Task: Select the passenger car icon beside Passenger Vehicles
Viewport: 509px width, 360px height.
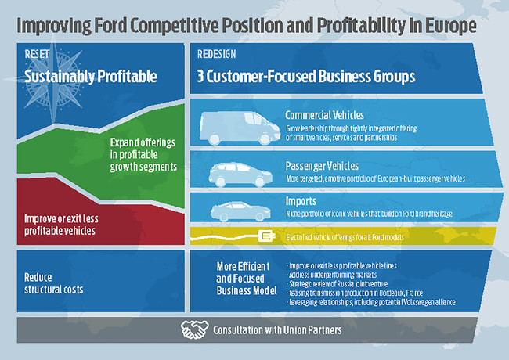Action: [x=239, y=173]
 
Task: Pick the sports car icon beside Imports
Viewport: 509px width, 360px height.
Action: [x=238, y=209]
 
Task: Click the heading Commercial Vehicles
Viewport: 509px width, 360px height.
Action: [x=324, y=114]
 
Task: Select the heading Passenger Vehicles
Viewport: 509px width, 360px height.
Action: [x=322, y=166]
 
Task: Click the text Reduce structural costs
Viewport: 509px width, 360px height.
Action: [x=52, y=283]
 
